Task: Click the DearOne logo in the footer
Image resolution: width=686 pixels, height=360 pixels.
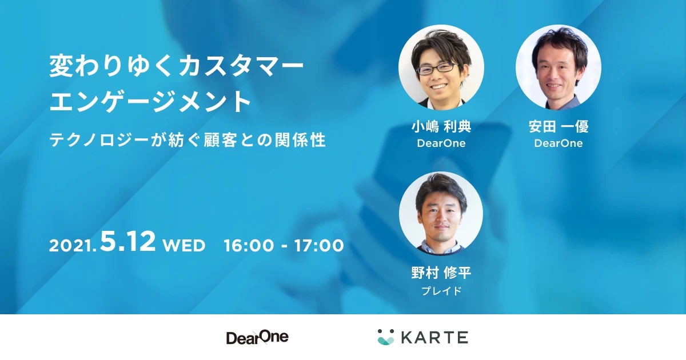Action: [257, 337]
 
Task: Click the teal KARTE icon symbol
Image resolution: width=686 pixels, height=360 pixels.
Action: [386, 337]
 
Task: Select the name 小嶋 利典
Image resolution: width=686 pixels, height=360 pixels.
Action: [441, 127]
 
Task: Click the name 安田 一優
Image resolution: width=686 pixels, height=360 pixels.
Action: [558, 127]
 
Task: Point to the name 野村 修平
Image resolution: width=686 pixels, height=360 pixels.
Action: [441, 273]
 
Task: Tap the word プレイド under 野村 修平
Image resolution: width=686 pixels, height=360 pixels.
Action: [441, 290]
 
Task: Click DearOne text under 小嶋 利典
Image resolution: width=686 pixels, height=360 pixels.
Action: [441, 143]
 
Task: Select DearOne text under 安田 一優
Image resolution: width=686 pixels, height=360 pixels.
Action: [558, 143]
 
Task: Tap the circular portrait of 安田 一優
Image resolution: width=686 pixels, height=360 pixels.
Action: [558, 67]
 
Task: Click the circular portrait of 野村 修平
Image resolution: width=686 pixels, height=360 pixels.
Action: [441, 214]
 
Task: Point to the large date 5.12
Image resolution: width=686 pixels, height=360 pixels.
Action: [127, 242]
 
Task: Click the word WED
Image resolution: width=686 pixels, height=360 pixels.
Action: [184, 246]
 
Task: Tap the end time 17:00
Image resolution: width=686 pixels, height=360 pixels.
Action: [318, 246]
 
